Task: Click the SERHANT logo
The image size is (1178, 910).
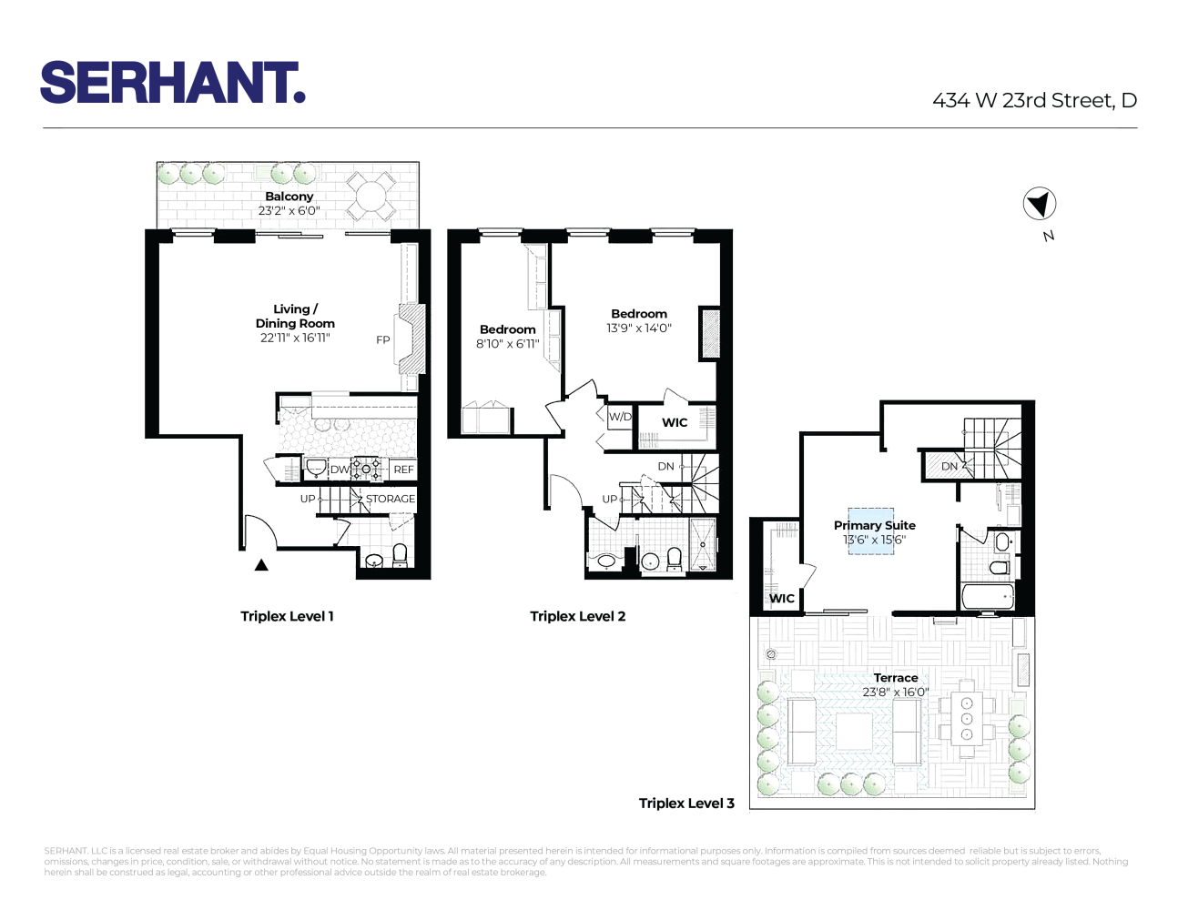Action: point(172,83)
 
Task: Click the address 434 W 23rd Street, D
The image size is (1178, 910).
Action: point(1034,101)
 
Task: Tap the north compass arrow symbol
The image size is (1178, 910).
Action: point(1040,204)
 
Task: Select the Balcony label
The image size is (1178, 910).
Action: point(289,197)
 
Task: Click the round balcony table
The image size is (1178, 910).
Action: point(371,196)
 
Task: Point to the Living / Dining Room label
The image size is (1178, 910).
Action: point(295,316)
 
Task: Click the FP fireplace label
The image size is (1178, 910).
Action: point(383,340)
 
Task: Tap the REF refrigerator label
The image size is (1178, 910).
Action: point(403,470)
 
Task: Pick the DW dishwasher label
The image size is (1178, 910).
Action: point(339,470)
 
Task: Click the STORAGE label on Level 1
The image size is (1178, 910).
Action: point(390,499)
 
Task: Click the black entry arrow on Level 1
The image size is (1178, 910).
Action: point(261,565)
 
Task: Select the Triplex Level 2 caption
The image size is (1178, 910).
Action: point(577,616)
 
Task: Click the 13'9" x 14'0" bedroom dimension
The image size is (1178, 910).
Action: point(639,329)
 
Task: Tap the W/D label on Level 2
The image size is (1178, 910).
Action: point(620,417)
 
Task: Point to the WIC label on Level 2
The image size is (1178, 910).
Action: point(675,422)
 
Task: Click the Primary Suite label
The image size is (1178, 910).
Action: point(874,525)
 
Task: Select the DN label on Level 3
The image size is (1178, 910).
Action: point(950,466)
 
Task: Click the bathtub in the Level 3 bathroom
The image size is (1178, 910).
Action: point(989,597)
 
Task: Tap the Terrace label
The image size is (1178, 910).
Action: point(896,678)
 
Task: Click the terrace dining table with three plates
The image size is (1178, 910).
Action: point(967,718)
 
